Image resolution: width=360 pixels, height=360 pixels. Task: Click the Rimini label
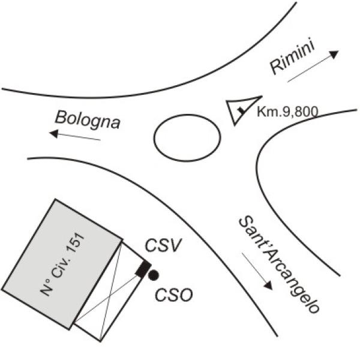click(292, 57)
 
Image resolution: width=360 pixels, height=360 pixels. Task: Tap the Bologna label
click(88, 120)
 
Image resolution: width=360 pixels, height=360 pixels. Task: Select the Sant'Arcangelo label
click(279, 265)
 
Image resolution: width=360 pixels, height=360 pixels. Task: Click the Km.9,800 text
click(287, 112)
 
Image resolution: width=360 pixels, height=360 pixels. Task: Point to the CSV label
click(163, 245)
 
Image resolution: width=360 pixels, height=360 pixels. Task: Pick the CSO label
click(174, 295)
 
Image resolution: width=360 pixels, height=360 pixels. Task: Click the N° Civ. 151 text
click(62, 264)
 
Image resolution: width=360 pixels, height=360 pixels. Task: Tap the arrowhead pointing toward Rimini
click(334, 54)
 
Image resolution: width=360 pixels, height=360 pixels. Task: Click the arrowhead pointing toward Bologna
click(54, 134)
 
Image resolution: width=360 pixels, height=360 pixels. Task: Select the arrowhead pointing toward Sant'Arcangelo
click(268, 286)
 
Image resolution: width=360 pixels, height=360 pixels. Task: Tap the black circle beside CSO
click(153, 275)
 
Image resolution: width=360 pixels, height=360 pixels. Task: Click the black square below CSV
click(143, 268)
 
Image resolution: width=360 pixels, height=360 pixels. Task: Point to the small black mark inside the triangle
click(241, 110)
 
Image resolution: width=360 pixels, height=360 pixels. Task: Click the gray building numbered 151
click(62, 264)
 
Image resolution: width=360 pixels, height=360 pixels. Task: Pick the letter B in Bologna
click(60, 117)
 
